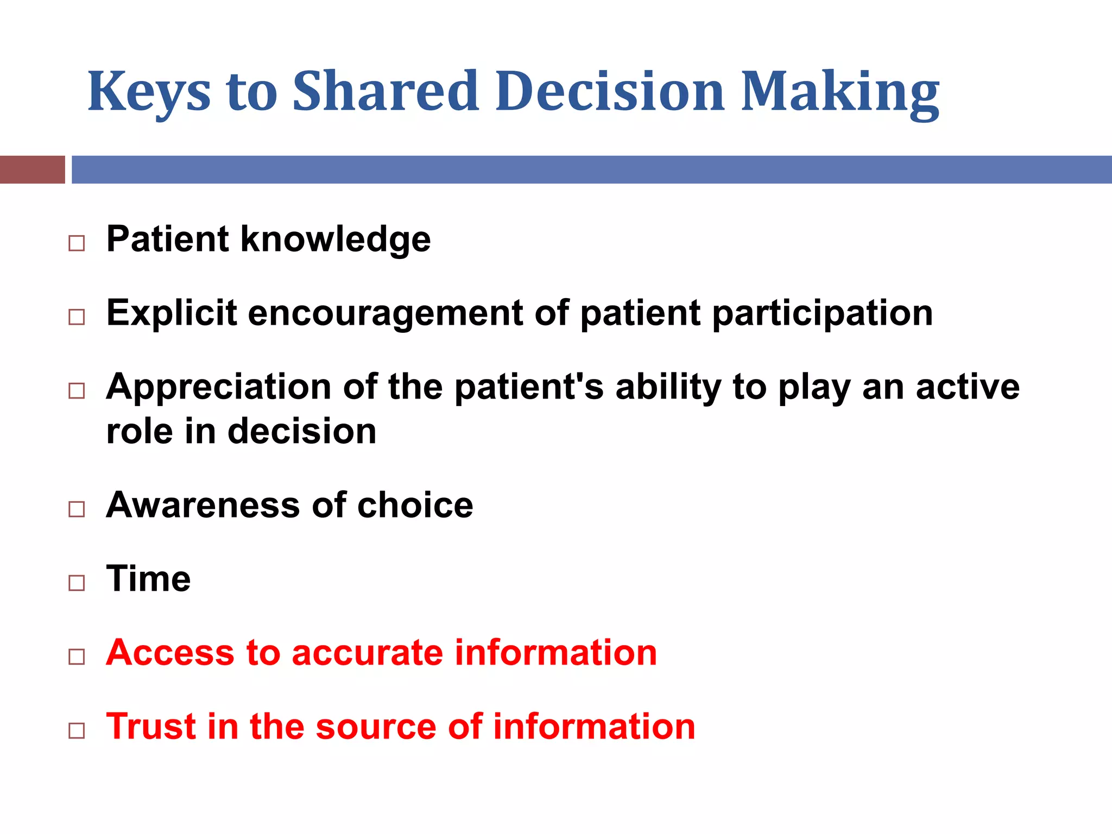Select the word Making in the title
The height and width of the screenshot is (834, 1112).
coord(839,92)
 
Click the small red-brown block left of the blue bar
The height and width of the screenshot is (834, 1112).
coord(32,169)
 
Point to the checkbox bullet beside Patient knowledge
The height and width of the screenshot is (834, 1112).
coord(77,243)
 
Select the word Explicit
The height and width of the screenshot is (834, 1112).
coord(172,313)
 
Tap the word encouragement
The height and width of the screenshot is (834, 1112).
coord(386,314)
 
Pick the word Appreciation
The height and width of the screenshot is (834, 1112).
coord(218,387)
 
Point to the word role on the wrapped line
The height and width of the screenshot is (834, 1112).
coord(139,432)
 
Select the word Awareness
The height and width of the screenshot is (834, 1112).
coord(203,505)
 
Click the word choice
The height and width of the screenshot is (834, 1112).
coord(415,505)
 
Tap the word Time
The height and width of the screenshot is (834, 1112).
coord(148,579)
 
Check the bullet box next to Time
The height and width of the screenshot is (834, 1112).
coord(77,583)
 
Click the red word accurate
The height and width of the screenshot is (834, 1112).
coord(367,653)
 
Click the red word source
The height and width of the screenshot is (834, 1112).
coord(376,726)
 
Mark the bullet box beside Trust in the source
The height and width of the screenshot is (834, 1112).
coord(77,731)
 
